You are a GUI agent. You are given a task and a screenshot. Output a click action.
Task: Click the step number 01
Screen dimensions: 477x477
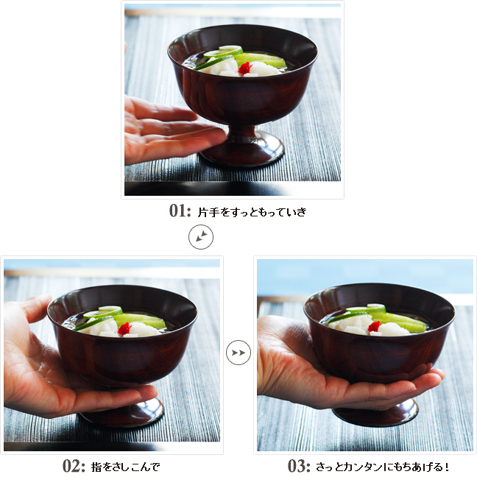(x=180, y=211)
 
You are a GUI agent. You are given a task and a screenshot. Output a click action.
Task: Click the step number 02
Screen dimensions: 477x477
(x=74, y=466)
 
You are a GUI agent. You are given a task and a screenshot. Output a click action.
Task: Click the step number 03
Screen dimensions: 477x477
(x=298, y=466)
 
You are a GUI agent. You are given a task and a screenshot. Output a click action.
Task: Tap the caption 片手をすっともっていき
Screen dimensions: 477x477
(x=252, y=212)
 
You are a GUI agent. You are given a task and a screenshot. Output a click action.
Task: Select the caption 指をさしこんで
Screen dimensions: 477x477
(x=125, y=467)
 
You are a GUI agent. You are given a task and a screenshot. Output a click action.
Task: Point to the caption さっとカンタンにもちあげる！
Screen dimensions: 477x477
(x=382, y=467)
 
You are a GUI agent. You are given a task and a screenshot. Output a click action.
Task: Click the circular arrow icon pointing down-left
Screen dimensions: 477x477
(x=201, y=237)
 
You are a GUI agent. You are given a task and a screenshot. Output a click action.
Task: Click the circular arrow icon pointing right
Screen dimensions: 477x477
(x=239, y=353)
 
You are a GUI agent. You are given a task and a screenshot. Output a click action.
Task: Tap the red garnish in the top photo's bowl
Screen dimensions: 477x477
(x=245, y=68)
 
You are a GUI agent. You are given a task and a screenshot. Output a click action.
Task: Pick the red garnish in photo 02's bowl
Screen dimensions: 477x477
(x=124, y=329)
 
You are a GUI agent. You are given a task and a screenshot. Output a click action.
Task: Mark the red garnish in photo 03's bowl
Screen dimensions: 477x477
(x=374, y=327)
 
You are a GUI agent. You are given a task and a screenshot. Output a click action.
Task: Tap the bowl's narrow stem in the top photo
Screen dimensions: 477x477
(x=243, y=132)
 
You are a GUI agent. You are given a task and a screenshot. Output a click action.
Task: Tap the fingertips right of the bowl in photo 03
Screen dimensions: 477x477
(x=432, y=377)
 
